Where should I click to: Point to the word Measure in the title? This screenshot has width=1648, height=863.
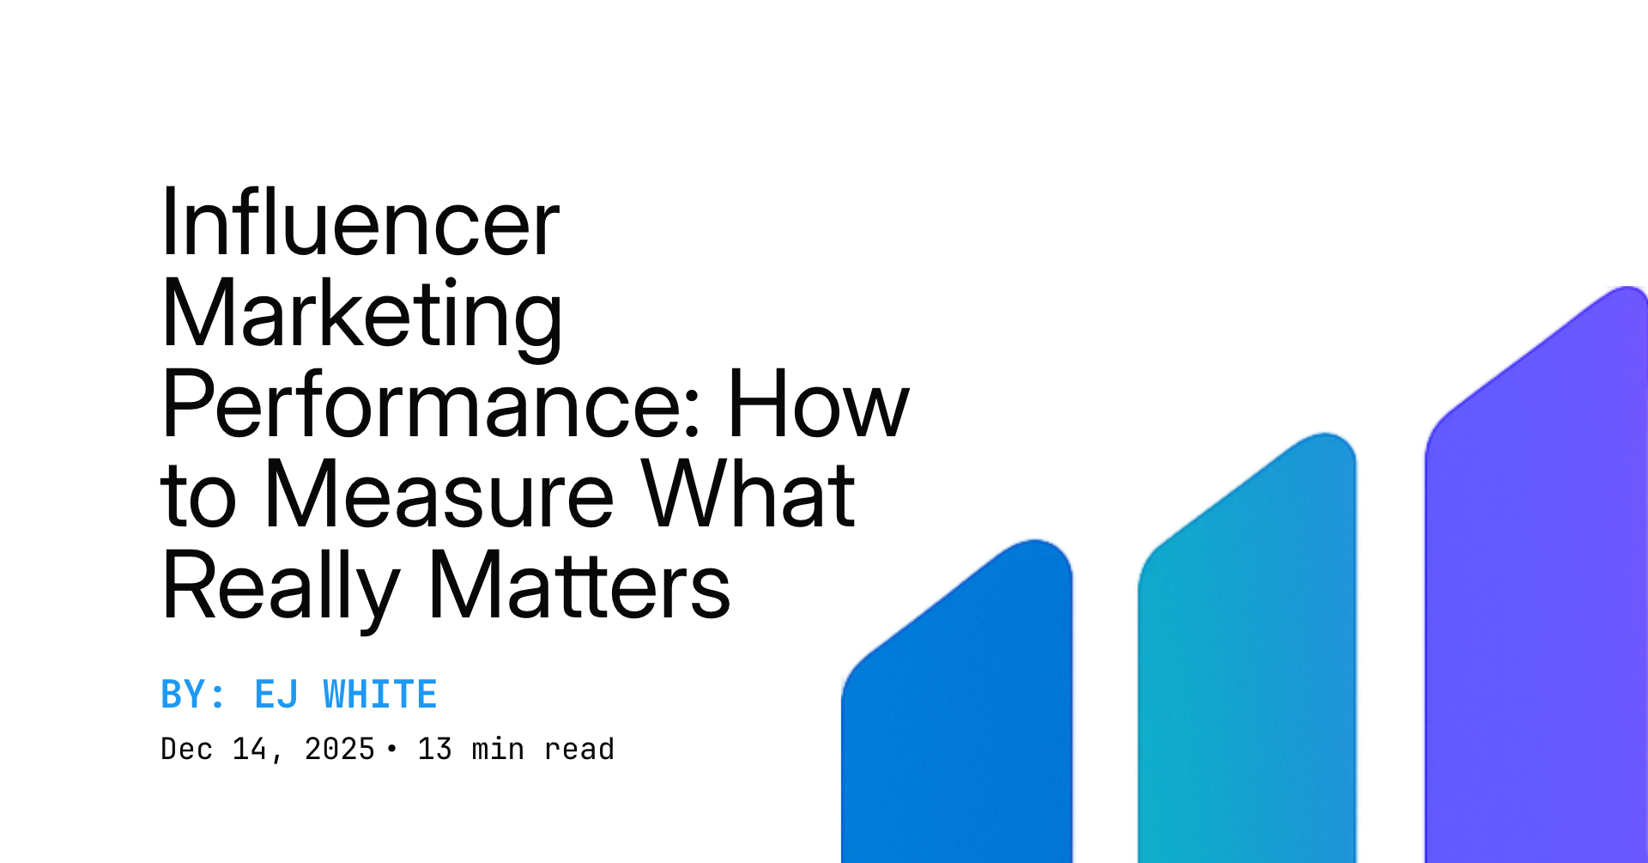coord(439,495)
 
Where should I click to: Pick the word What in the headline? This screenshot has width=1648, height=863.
coord(748,495)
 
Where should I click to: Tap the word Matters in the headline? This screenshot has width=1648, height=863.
coord(579,587)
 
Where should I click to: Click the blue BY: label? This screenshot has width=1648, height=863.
coord(193,695)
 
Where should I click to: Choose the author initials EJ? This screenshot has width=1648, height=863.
coord(276,695)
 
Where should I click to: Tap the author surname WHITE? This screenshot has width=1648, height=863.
coord(379,695)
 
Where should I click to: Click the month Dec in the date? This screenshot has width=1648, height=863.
coord(187,749)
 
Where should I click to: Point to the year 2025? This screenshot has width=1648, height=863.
coord(339,749)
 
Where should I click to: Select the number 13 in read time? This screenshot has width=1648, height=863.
coord(434,749)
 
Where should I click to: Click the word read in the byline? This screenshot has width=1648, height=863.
coord(579,749)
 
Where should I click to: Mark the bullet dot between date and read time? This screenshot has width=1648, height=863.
coord(392,749)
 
